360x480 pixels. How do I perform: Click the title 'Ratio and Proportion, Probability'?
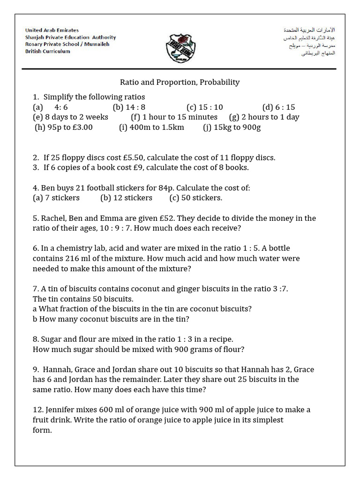[180, 82]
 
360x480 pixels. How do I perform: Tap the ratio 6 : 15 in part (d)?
[285, 107]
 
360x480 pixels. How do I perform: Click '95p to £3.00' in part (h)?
[70, 127]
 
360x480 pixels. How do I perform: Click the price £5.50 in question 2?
[122, 157]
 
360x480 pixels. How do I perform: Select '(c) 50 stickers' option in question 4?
[196, 197]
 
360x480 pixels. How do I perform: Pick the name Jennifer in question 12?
[63, 410]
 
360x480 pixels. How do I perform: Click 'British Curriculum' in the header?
[47, 51]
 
